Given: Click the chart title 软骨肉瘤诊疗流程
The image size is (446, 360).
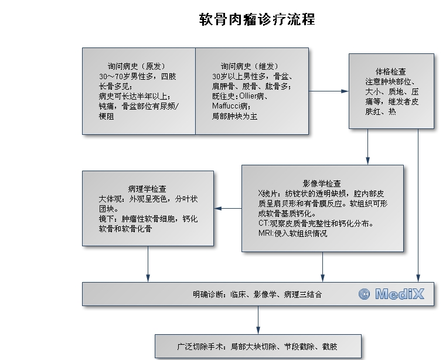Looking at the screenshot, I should tap(257, 19).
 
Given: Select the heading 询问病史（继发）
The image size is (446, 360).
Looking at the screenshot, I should tap(249, 66).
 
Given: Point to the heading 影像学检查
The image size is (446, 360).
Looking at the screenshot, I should tap(322, 183).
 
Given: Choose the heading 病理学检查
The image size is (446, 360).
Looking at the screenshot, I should tap(147, 189).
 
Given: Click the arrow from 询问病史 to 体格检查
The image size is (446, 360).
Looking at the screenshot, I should tap(328, 91).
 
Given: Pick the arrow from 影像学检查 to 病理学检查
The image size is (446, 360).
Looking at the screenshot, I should tap(227, 208).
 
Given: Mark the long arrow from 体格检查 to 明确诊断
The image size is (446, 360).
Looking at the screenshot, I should tap(418, 205).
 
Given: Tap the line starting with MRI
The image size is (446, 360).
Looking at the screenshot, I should tap(292, 233).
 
